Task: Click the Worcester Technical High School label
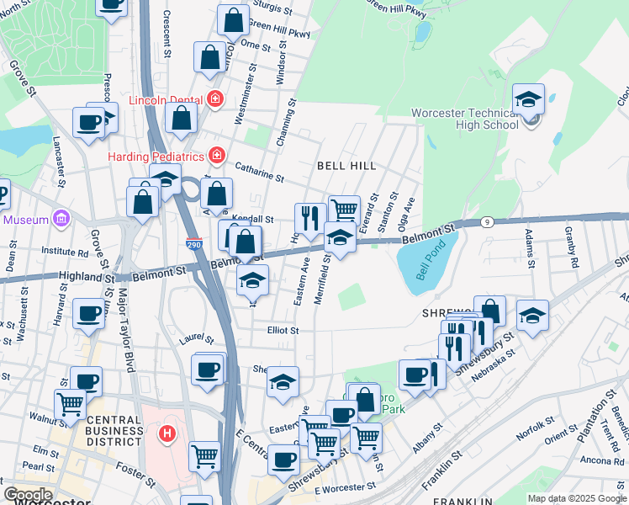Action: (x=464, y=119)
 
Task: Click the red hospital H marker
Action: (x=167, y=434)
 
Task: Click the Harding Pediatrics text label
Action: (x=156, y=157)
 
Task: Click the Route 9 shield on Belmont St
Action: (x=488, y=222)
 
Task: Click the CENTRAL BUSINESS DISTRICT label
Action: (x=114, y=430)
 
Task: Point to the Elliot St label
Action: (x=283, y=331)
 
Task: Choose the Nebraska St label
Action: (x=492, y=364)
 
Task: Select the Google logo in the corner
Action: (x=28, y=495)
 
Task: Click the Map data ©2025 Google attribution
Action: (x=576, y=498)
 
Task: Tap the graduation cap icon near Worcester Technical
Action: (x=528, y=100)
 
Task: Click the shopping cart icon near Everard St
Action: (x=343, y=210)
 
